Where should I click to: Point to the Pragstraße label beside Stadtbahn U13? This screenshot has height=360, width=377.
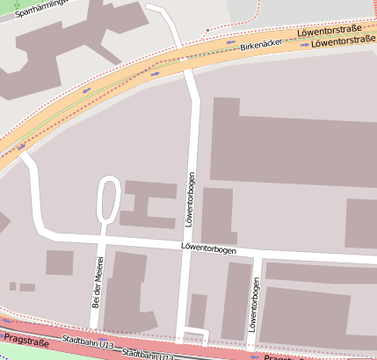coord(24,337)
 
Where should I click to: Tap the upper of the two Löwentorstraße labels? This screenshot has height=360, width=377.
coord(330,32)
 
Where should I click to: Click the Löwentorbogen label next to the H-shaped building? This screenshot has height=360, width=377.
coord(190,199)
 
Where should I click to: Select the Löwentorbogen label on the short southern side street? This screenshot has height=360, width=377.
coord(256,307)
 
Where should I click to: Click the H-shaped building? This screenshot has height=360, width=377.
coord(147,205)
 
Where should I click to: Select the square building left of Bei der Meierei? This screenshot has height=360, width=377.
coord(60,263)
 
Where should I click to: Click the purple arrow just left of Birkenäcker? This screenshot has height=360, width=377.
coord(231,42)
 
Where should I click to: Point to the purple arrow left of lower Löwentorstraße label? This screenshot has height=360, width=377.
coord(304,44)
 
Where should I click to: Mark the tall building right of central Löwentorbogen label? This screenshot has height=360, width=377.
coord(218,216)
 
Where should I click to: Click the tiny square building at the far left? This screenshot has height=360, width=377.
coord(12,285)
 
